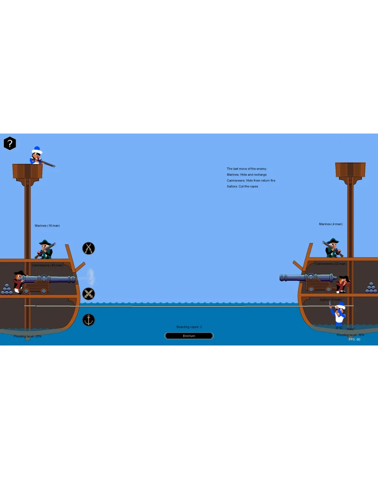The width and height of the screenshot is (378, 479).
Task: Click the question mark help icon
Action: [x=10, y=143]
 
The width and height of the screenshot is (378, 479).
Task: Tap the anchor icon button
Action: [x=88, y=320]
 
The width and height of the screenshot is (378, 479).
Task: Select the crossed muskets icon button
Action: [x=88, y=248]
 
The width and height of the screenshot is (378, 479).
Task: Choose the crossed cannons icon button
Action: [x=88, y=294]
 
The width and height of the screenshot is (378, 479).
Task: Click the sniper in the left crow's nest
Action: [x=38, y=157]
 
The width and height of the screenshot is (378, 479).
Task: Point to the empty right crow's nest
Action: [x=350, y=170]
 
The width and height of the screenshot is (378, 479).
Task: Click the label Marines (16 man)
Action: [x=47, y=226]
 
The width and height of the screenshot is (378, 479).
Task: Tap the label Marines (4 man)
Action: [x=331, y=224]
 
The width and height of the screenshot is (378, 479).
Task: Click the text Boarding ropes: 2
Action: [x=189, y=327]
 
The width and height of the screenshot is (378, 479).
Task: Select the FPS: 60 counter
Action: [x=354, y=339]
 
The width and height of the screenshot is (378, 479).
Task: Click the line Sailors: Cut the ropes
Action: [x=242, y=186]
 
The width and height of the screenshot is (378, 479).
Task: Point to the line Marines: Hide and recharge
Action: [x=247, y=175]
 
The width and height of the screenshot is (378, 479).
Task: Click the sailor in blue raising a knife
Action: [x=339, y=315]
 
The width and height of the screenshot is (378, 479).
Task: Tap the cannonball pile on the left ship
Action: [x=7, y=289]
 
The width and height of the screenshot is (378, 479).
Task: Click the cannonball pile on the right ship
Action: [x=371, y=288]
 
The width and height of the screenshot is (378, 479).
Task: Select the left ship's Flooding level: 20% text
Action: [x=27, y=336]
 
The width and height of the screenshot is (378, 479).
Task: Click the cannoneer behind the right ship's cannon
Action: [x=343, y=284]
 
